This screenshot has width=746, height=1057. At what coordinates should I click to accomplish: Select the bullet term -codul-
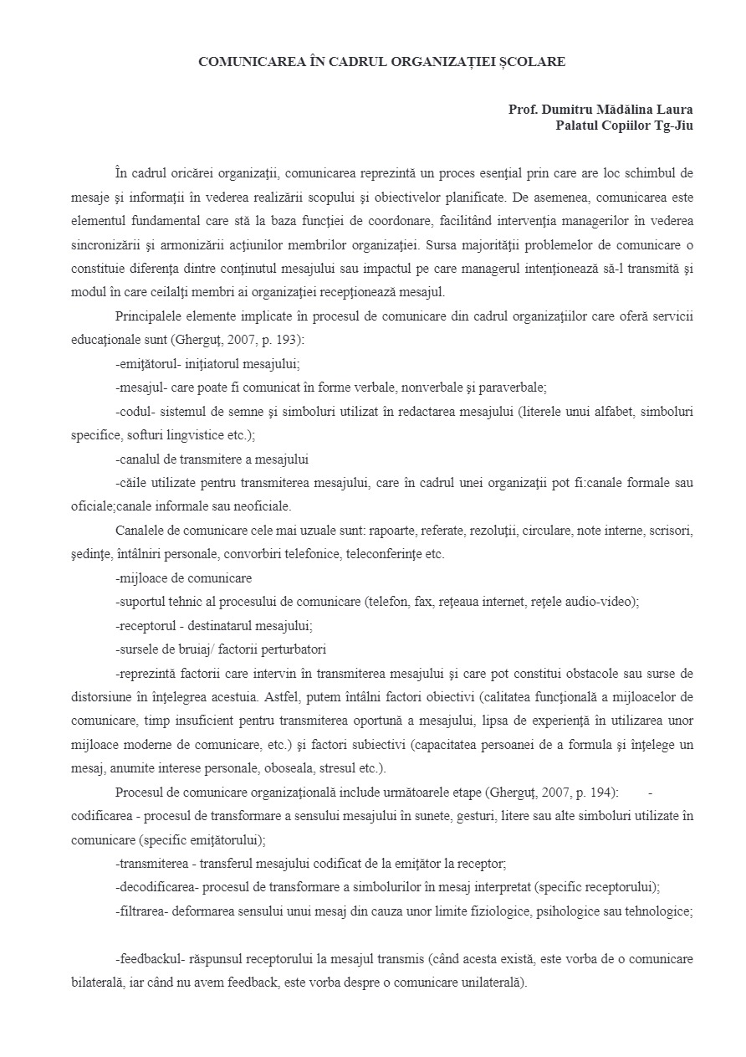133,412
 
